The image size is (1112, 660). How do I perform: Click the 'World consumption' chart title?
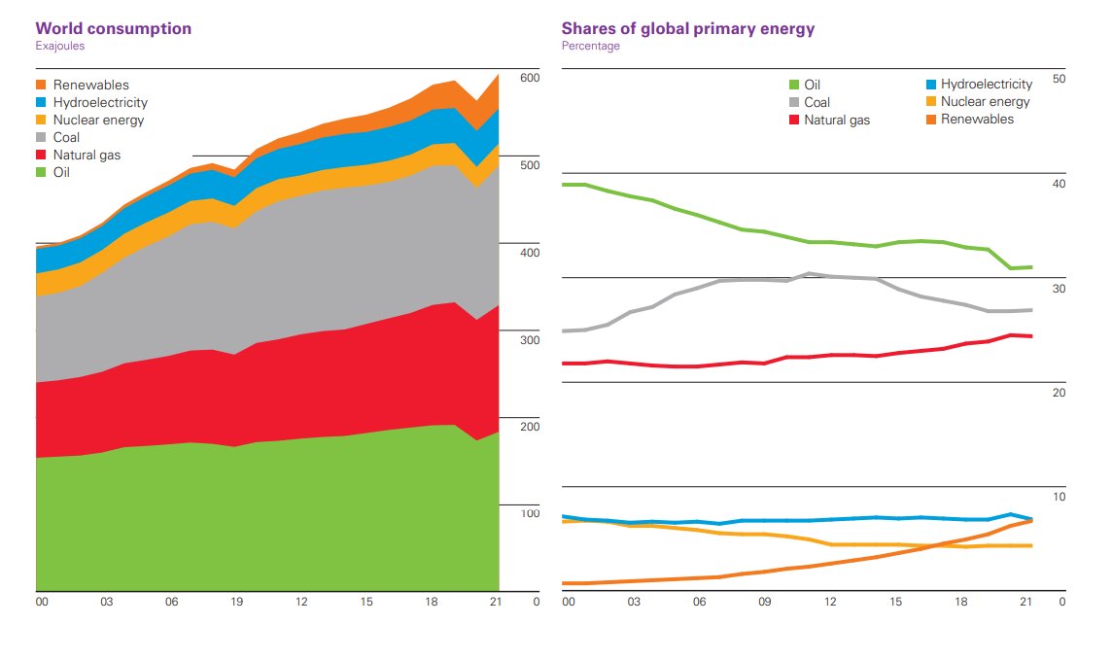point(114,28)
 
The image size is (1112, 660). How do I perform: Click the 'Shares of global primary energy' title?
point(688,28)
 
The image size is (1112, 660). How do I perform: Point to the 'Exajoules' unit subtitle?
point(59,46)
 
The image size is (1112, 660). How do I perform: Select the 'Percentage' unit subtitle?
point(590,46)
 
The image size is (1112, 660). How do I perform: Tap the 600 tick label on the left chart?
point(530,78)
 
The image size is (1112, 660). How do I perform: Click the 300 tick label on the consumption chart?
point(530,340)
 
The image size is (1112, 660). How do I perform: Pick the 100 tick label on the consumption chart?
point(530,513)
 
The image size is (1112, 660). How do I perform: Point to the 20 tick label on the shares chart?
point(1060,393)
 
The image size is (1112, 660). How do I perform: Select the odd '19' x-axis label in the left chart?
point(236,603)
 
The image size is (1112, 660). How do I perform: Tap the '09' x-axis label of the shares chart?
point(764,603)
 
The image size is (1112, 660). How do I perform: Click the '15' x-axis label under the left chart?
point(366,603)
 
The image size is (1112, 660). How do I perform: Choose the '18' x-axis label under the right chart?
point(959,603)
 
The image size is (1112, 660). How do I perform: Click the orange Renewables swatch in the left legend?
point(41,86)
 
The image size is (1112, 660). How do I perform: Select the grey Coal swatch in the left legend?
point(41,138)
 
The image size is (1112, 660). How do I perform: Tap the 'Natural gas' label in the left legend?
point(87,156)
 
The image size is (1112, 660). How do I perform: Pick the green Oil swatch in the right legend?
point(794,86)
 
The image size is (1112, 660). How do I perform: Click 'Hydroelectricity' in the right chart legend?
point(987,85)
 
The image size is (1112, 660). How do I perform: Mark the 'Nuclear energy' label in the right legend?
point(985,102)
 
